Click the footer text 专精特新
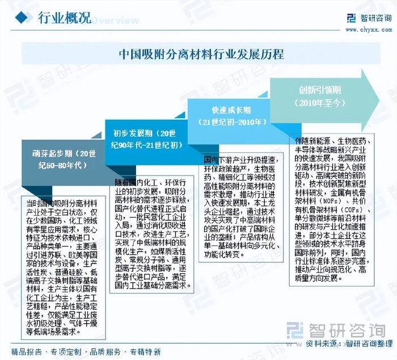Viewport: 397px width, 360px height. pyautogui.click(x=145, y=351)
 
